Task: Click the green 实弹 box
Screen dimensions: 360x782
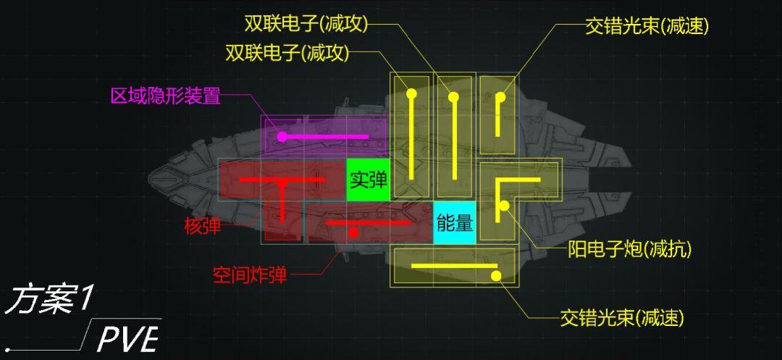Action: coord(368,179)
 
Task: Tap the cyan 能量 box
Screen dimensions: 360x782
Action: coord(454,222)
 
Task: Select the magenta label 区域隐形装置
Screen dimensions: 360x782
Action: coord(165,96)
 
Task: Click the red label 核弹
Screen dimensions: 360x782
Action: coord(202,226)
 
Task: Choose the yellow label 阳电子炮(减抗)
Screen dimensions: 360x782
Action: coord(628,250)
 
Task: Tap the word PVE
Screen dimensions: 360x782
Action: coord(127,338)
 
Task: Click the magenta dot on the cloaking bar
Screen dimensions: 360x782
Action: coord(282,136)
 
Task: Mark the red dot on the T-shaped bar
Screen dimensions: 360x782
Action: coord(282,184)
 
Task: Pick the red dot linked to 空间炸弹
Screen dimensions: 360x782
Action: coord(353,233)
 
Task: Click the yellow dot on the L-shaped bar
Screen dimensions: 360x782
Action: coord(504,206)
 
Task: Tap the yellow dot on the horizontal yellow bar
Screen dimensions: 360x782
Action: coord(496,275)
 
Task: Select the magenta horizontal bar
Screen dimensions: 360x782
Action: coord(326,136)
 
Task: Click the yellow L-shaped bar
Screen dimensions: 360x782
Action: coord(518,180)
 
